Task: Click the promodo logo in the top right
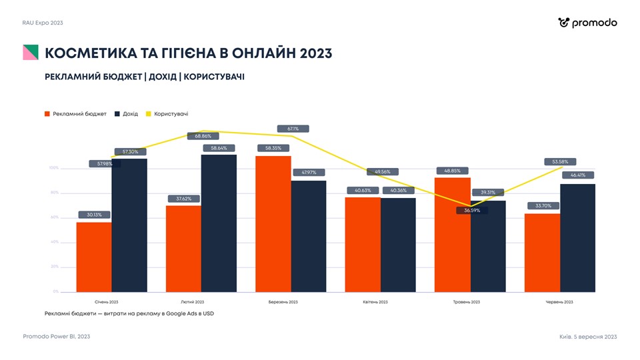point(587,23)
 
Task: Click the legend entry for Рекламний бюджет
point(75,114)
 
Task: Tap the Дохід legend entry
point(127,114)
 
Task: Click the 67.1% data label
point(293,129)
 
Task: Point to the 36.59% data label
point(472,211)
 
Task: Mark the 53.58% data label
point(560,161)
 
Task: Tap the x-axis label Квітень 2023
point(375,302)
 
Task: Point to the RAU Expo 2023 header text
point(43,23)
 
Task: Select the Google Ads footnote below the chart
point(129,313)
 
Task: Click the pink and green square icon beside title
point(31,53)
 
